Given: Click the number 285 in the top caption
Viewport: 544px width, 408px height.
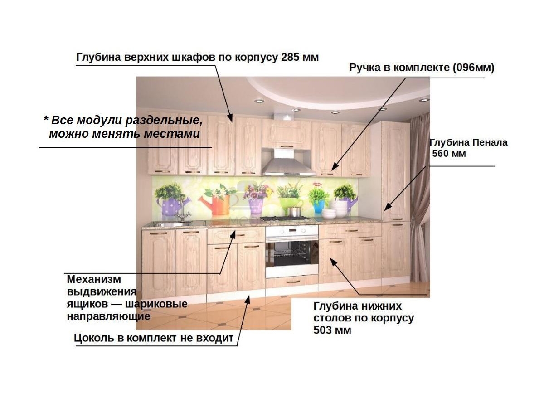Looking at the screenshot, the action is point(290,57).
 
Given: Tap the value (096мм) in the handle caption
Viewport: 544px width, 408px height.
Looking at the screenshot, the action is point(473,68).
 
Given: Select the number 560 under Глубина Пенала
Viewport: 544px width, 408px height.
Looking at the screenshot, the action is point(440,154).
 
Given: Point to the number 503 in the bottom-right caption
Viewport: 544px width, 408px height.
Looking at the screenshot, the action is point(322,330).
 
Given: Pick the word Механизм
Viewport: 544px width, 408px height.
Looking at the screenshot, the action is point(94,279).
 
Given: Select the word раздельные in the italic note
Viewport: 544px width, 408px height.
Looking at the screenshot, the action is point(164,121).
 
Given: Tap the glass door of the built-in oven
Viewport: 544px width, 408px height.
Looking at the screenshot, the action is point(291,253).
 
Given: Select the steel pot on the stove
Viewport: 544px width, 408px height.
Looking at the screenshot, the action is point(294,211).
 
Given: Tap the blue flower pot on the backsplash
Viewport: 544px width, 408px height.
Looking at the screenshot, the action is point(319,206).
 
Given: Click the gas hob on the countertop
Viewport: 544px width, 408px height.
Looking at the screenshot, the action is point(285,219).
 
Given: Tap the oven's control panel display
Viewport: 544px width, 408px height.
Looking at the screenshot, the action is point(292,231).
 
